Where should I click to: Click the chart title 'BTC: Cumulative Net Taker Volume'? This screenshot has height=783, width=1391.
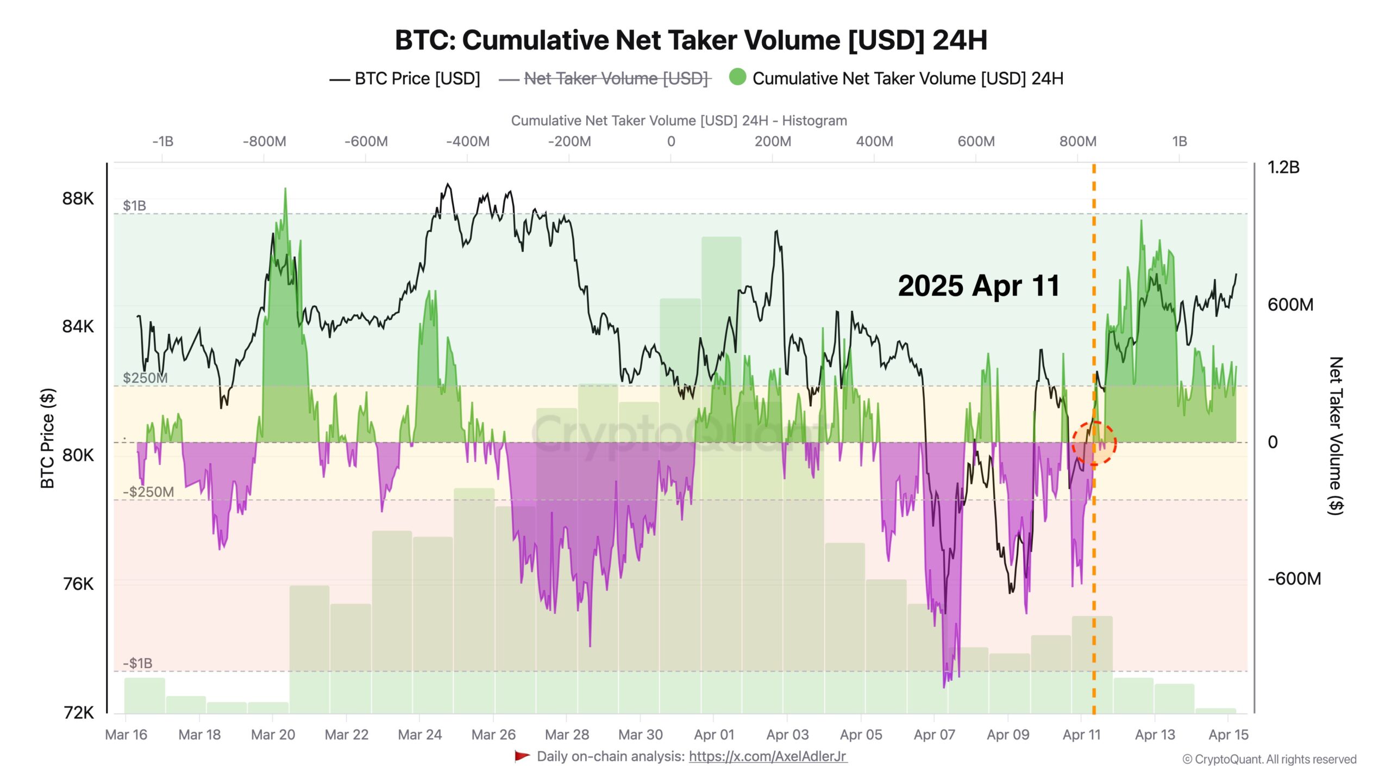pos(690,40)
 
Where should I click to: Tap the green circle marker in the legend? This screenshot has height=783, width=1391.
pos(737,77)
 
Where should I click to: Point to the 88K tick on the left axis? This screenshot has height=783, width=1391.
pos(78,198)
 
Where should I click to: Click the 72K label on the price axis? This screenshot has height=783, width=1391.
pos(79,712)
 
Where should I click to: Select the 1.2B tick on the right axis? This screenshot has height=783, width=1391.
pos(1283,167)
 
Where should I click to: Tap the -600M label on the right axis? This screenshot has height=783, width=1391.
pos(1294,579)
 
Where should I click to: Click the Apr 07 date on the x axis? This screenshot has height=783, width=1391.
pos(934,735)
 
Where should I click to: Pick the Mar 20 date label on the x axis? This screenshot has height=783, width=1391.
pos(273,735)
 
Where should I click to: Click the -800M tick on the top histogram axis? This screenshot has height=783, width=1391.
pos(264,142)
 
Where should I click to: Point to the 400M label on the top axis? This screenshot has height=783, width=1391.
pos(874,142)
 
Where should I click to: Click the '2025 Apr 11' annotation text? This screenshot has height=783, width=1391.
pos(979,286)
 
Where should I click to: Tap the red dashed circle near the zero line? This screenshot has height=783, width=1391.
pos(1094,443)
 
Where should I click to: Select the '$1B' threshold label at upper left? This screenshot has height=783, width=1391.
pos(134,206)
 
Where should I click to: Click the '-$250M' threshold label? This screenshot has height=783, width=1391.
pos(148,492)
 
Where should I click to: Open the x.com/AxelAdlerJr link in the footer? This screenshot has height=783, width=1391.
pos(767,756)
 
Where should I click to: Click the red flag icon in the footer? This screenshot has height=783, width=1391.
pos(522,756)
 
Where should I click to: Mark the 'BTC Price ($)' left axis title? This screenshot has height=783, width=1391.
pos(48,438)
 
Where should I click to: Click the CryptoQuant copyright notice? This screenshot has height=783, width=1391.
pos(1269,760)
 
